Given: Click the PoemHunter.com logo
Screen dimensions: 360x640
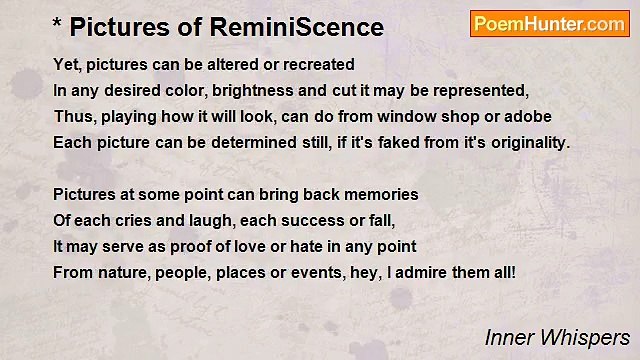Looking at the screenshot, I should (549, 24).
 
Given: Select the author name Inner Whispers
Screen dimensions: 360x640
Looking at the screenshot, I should (557, 338).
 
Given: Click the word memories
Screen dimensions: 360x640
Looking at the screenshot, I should (383, 194).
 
